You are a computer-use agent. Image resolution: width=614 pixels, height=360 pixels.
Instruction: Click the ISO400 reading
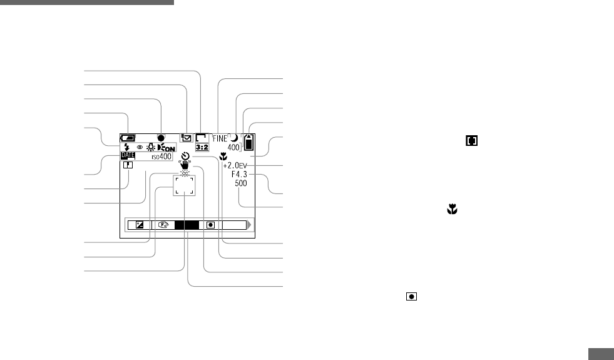pyautogui.click(x=161, y=157)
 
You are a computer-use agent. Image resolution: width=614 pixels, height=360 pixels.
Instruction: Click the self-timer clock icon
pyautogui.click(x=185, y=157)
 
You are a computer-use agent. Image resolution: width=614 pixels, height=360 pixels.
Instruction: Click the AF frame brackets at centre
pyautogui.click(x=185, y=185)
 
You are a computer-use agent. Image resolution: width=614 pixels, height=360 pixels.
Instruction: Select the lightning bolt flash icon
pyautogui.click(x=126, y=147)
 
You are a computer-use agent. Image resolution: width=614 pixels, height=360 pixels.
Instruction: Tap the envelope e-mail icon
pyautogui.click(x=186, y=138)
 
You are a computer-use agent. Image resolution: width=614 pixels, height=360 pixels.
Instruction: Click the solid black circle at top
pyautogui.click(x=161, y=137)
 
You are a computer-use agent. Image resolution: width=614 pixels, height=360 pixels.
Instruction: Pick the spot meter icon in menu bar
pyautogui.click(x=211, y=225)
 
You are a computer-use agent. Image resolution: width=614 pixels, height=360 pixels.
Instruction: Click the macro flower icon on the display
pyautogui.click(x=223, y=156)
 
